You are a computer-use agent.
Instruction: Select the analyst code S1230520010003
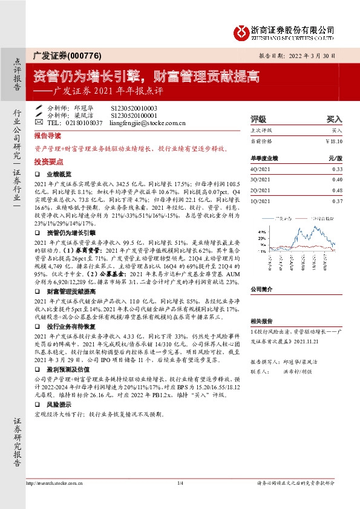[134, 107]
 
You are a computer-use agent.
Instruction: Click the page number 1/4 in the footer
[180, 484]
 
